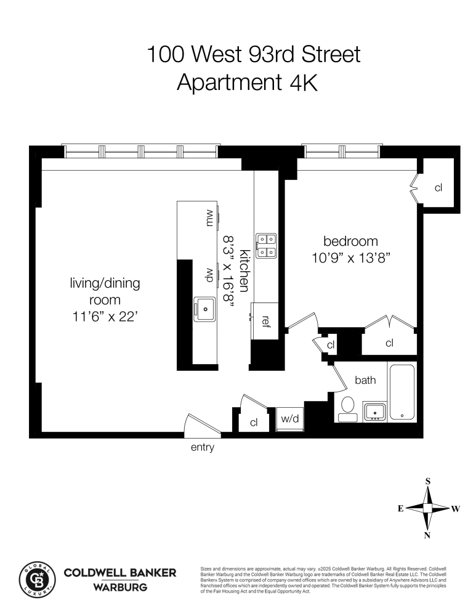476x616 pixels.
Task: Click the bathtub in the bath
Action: [401, 391]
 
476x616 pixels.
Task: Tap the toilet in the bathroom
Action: [348, 407]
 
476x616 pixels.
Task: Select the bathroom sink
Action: [374, 411]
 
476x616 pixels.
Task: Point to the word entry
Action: [203, 448]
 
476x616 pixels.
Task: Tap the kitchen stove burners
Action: [266, 245]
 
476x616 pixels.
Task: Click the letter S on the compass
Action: [428, 482]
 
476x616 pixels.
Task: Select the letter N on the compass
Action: [428, 535]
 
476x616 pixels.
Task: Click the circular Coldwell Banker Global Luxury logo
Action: [38, 579]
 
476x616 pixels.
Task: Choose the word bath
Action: [365, 380]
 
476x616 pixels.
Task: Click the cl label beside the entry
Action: [254, 423]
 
